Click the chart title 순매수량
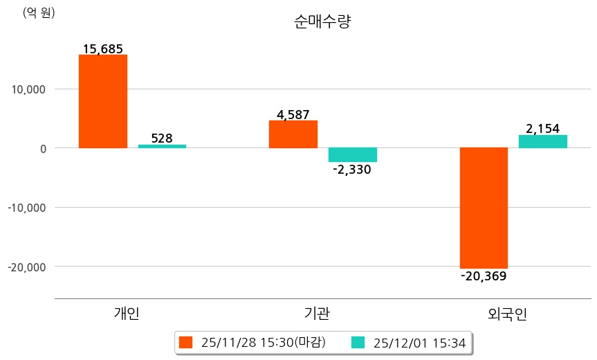(322, 21)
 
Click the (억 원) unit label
(39, 12)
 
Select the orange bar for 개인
(102, 101)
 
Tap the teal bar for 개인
(162, 146)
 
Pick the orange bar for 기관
(293, 134)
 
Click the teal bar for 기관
(352, 154)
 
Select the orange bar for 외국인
(484, 208)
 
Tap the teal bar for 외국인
(543, 141)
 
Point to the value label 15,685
(102, 49)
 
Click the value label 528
(162, 138)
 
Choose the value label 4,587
(293, 115)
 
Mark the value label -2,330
(352, 170)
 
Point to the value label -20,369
(484, 276)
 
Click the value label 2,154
(543, 129)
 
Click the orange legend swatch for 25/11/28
(185, 342)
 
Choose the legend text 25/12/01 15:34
(419, 342)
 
